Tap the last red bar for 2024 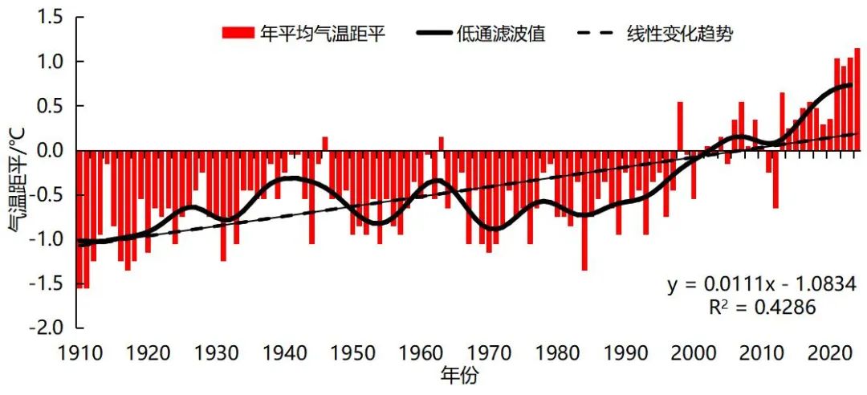857,100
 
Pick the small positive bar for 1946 325,144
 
